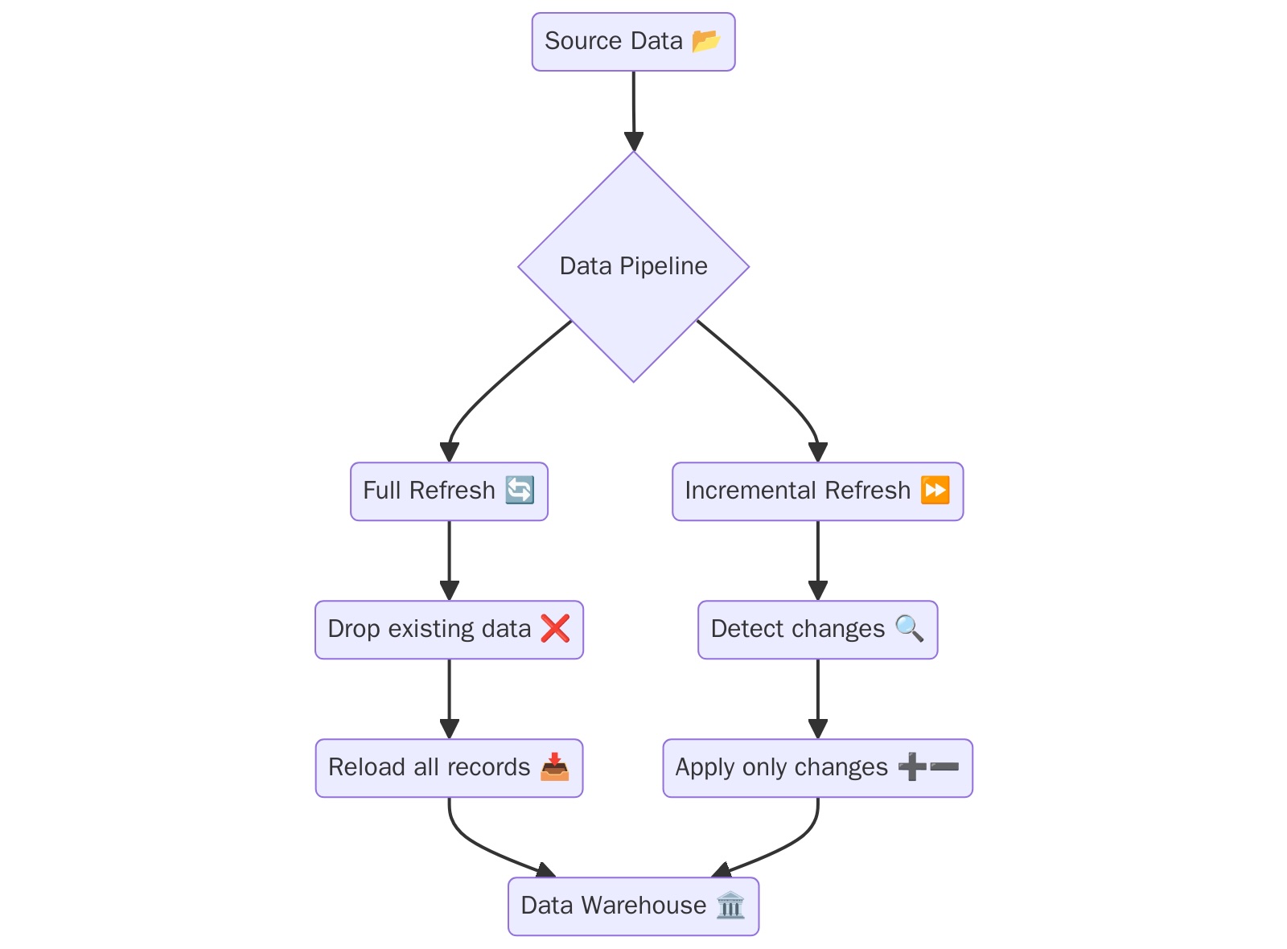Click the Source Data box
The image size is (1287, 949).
coord(632,42)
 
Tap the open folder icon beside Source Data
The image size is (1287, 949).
coord(705,40)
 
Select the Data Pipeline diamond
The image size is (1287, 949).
coord(633,266)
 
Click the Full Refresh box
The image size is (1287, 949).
coord(448,491)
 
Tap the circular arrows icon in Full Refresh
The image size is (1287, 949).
coord(519,490)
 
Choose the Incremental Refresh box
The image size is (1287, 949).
coord(816,491)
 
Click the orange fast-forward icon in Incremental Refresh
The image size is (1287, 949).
coord(935,490)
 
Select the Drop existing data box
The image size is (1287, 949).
coord(448,630)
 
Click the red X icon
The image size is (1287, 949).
coord(555,628)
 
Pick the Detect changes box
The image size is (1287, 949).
coord(816,630)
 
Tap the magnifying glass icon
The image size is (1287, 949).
coord(909,627)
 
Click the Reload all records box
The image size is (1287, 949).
coord(448,768)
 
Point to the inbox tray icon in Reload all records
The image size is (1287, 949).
coord(554,766)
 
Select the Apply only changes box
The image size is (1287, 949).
coord(816,768)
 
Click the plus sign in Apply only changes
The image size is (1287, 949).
coord(911,766)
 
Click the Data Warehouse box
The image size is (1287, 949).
coord(632,906)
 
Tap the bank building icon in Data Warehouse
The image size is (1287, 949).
coord(730,905)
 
